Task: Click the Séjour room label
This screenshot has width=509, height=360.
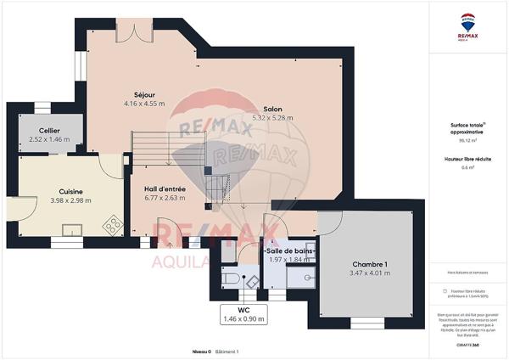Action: click(143, 93)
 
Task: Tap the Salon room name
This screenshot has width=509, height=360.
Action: click(272, 109)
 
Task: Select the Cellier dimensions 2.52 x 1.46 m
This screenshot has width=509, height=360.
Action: click(50, 138)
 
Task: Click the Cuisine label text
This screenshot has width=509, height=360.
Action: click(70, 190)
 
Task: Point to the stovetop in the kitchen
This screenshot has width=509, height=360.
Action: click(111, 225)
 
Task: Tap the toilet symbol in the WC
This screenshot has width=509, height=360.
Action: click(229, 278)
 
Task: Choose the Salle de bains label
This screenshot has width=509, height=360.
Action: click(291, 251)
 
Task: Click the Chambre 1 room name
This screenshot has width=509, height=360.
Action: click(370, 263)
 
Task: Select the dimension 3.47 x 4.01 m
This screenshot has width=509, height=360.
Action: click(370, 273)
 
